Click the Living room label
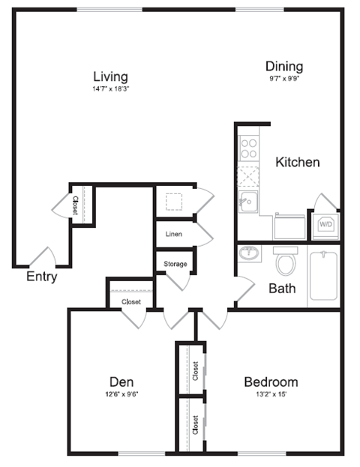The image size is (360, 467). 110,76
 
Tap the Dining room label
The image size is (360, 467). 283,66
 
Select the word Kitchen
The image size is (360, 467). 297,162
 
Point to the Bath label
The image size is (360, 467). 282,288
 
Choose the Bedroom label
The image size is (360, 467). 271,382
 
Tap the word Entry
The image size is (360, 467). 42,277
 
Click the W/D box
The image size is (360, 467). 326,224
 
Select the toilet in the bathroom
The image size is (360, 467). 285,262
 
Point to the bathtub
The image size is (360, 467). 323,275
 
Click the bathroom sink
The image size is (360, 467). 249,253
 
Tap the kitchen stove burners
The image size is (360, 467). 248,148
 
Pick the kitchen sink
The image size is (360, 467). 247,201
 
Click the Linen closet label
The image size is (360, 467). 174,234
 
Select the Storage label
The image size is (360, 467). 175,264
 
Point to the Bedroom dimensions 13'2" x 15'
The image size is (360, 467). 271,395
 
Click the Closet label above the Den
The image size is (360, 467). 131,302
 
